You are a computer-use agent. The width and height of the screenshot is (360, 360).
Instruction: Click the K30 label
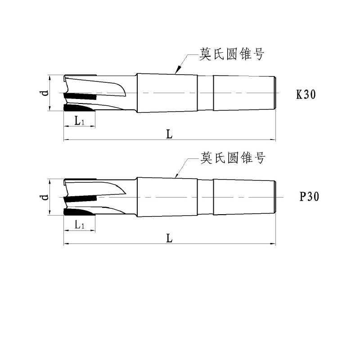point(306,94)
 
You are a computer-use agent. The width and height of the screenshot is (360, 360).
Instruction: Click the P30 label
point(309,197)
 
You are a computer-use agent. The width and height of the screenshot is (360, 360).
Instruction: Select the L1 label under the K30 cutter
point(80,121)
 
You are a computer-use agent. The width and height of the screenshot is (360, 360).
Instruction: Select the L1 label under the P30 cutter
point(80,225)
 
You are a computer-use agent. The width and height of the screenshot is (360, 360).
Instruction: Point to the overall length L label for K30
point(169,134)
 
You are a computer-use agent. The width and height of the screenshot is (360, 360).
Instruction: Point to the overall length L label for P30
point(169,238)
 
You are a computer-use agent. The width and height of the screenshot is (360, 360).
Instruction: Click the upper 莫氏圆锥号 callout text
point(232,54)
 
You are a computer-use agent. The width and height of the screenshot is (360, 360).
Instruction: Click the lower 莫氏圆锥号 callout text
point(233,158)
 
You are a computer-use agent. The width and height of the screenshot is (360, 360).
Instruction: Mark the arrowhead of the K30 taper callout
point(178,70)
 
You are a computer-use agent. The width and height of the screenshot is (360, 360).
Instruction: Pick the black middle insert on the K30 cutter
point(81,96)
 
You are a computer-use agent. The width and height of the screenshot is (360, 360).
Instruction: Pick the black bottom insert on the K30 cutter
point(77,108)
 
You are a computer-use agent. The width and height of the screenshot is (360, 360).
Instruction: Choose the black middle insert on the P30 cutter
point(81,199)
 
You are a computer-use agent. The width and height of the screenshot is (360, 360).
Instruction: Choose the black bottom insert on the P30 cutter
point(77,212)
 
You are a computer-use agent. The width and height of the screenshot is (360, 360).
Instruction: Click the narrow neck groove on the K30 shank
point(206,93)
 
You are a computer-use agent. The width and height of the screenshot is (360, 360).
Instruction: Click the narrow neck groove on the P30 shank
point(206,197)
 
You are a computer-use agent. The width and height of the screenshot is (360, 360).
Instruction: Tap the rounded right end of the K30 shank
point(274,93)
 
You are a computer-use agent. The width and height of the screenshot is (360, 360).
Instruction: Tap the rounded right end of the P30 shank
point(274,197)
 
